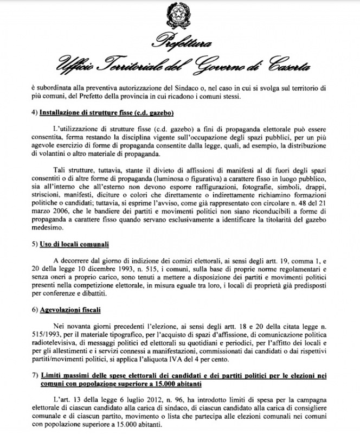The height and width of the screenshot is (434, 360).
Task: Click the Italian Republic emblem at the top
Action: point(180,17)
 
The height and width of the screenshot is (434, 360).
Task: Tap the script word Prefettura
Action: point(179,43)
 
